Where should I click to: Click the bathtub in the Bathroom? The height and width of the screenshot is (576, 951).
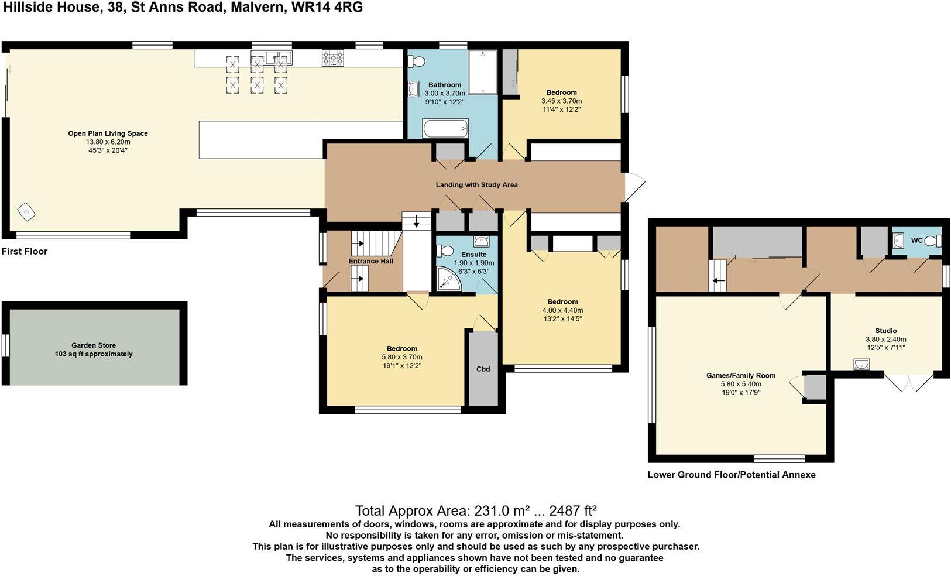click(445, 128)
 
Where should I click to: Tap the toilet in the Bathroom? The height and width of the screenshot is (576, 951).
click(417, 61)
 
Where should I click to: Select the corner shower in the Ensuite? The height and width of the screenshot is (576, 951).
click(448, 279)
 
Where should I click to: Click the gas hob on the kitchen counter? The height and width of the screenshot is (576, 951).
click(333, 58)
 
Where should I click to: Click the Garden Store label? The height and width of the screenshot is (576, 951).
click(94, 345)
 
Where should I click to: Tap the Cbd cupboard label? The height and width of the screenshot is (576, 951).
click(483, 369)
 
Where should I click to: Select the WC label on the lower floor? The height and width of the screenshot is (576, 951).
click(916, 241)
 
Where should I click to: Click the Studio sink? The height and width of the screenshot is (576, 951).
click(861, 364)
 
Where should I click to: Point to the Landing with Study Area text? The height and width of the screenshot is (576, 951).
click(477, 185)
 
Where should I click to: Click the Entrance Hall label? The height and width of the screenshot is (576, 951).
click(371, 261)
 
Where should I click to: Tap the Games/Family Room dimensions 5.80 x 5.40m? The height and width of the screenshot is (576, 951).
click(741, 384)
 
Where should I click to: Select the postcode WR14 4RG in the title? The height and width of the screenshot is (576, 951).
click(327, 8)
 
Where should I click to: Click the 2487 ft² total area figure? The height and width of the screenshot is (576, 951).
click(573, 510)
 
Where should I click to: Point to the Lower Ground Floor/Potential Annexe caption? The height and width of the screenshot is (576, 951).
click(732, 475)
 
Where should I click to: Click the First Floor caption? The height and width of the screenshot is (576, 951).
click(24, 251)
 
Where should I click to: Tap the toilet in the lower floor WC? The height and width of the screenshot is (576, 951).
click(933, 241)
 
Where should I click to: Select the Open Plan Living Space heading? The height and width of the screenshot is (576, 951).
click(108, 133)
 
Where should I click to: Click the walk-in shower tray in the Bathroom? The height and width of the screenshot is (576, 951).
click(483, 72)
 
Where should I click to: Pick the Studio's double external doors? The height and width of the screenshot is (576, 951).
click(909, 382)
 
